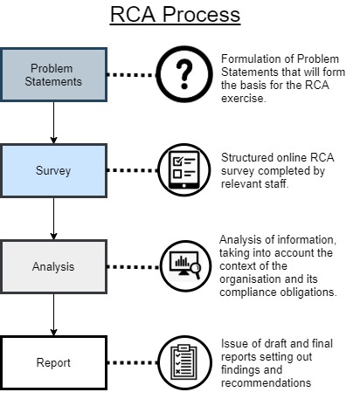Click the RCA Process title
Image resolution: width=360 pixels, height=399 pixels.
[x=175, y=15]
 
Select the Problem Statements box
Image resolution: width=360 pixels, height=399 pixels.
[x=53, y=75]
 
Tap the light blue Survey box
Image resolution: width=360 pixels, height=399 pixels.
[x=53, y=170]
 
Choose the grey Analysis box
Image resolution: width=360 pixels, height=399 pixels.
[x=53, y=266]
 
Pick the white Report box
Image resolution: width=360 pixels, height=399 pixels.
[x=53, y=362]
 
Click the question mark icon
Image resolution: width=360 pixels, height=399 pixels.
[x=184, y=74]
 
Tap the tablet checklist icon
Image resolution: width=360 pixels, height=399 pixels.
[x=184, y=170]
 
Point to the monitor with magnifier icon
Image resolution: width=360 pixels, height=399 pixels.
[x=185, y=266]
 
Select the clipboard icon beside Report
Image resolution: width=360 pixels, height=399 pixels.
[x=185, y=362]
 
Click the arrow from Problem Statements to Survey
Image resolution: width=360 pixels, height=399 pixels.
[x=53, y=123]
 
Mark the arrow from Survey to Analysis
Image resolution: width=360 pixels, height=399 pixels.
[x=53, y=219]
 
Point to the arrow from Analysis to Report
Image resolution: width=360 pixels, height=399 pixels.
[x=53, y=315]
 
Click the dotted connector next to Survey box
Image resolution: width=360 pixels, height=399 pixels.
[x=133, y=170]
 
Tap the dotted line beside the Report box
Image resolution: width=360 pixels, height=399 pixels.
[x=133, y=362]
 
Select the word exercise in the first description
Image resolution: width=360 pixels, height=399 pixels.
[x=244, y=99]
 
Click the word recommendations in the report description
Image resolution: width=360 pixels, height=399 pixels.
[x=266, y=383]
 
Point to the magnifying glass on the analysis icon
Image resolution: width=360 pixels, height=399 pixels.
[x=196, y=270]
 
